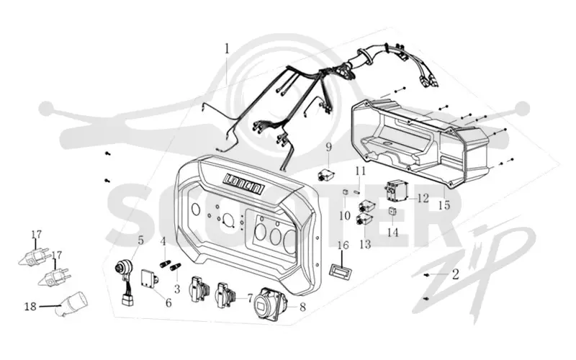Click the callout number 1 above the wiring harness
227,49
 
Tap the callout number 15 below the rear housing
444,204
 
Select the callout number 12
423,199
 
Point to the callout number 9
328,148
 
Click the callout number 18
30,306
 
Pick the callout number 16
343,245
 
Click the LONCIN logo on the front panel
244,184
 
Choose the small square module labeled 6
150,279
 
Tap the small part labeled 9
325,174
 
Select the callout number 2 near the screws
456,274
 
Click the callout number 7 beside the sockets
250,298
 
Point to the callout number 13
365,244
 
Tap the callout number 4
163,242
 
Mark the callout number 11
361,171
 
